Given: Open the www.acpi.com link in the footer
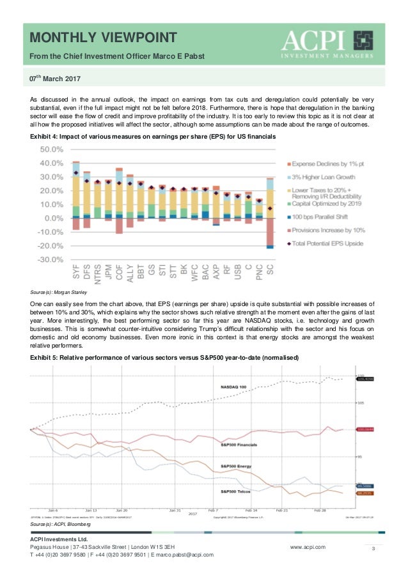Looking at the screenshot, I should click(x=308, y=547).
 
